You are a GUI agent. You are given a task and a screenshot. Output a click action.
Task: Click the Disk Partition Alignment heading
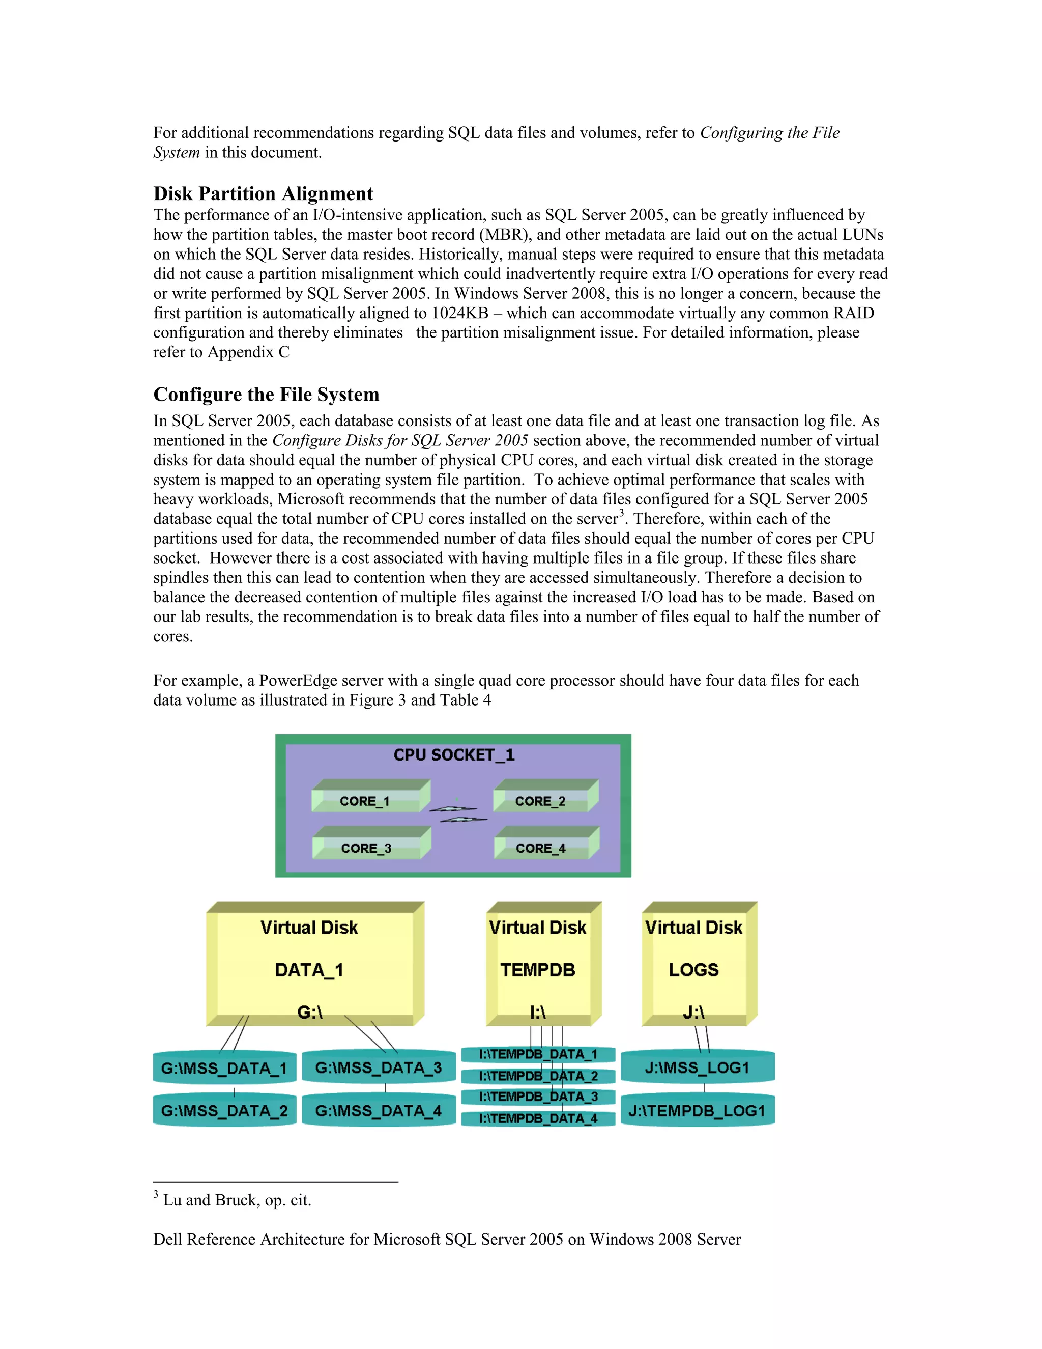(263, 194)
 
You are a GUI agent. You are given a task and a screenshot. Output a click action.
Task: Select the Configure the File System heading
(266, 395)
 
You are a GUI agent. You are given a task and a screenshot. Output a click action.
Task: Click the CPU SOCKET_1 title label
(454, 755)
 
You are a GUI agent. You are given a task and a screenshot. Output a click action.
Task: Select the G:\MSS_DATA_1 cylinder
(224, 1068)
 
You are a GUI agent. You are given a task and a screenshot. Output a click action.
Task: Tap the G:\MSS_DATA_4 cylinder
(379, 1111)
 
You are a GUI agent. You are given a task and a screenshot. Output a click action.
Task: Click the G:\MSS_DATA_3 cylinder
(379, 1067)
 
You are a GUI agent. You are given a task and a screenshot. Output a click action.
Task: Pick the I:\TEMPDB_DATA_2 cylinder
(538, 1076)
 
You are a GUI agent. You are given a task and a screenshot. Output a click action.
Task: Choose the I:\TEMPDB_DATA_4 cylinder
(538, 1118)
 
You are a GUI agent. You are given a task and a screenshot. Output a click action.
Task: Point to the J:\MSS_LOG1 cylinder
(697, 1067)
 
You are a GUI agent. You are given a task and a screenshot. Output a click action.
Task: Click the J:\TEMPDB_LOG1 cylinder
(697, 1111)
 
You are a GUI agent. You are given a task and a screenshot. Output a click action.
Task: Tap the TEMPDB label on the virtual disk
(538, 970)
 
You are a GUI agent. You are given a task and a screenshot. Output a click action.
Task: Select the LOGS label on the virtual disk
(694, 970)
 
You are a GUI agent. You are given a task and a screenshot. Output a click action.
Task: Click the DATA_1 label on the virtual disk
(309, 970)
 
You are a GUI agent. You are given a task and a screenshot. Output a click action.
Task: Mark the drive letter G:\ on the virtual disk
(310, 1013)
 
